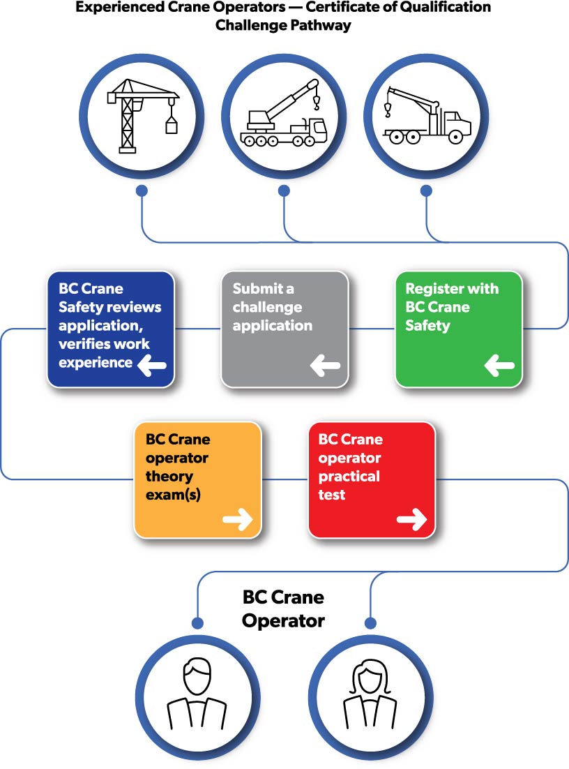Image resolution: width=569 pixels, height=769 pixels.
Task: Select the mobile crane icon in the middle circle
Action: point(283,115)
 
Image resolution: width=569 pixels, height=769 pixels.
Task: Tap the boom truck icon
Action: point(426,115)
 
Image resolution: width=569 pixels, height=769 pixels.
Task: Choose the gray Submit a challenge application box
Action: point(284,329)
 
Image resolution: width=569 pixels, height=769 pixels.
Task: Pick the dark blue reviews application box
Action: point(110,329)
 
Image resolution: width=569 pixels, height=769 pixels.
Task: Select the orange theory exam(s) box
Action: point(197,479)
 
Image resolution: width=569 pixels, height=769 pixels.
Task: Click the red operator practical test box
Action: point(371,479)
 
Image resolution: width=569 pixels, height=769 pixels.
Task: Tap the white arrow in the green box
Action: point(499,364)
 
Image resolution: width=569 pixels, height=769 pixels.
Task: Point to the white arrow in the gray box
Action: point(325,364)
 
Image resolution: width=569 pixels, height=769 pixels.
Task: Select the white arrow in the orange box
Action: point(237,518)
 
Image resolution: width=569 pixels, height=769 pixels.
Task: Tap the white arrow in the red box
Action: point(411,518)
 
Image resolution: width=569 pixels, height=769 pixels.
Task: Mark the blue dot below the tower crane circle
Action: point(142,190)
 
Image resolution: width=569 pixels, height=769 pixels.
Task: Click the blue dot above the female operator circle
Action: point(370,622)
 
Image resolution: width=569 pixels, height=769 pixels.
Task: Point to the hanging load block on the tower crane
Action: point(171,126)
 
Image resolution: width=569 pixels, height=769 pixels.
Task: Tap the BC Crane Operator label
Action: point(283,609)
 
